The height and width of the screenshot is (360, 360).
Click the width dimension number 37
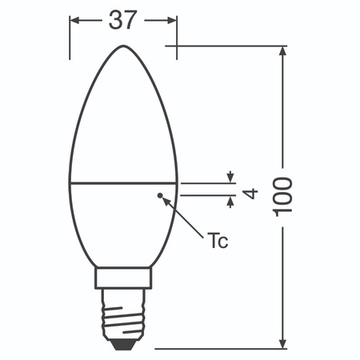coord(122,21)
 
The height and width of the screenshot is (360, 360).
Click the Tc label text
coord(217,240)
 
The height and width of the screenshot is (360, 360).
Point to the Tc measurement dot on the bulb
coord(161,194)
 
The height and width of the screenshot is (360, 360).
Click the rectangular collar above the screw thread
coord(122,279)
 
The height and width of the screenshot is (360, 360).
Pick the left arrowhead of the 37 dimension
coord(75,21)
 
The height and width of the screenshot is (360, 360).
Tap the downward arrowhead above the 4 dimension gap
coord(231,178)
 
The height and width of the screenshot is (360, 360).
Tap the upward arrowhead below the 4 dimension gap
coord(231,201)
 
